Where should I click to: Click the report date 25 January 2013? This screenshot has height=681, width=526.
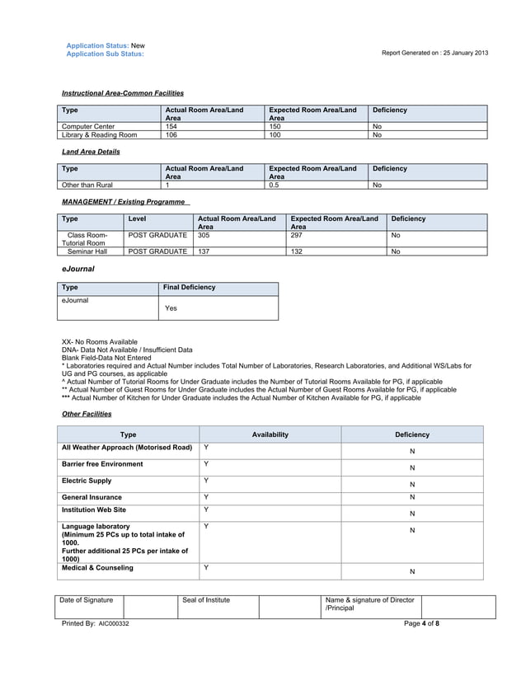(x=461, y=54)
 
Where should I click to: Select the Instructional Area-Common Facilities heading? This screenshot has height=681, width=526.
(x=123, y=93)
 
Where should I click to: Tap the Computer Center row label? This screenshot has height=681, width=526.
(x=88, y=126)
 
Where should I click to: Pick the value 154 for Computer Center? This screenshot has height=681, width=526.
(x=171, y=126)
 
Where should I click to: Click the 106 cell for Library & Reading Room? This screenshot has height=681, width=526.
(x=171, y=134)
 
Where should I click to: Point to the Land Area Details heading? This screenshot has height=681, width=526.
(x=91, y=152)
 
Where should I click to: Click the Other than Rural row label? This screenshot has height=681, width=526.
(x=87, y=185)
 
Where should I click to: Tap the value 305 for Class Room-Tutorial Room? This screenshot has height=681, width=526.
(x=203, y=235)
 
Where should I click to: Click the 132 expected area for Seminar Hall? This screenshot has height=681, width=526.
(x=297, y=251)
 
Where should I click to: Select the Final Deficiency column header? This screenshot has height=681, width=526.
(x=190, y=288)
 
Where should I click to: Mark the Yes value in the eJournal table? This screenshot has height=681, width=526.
(x=171, y=308)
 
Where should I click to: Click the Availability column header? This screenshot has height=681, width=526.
(x=270, y=434)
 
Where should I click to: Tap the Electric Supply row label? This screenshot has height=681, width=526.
(x=87, y=481)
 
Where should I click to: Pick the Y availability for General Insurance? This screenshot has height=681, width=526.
(x=206, y=497)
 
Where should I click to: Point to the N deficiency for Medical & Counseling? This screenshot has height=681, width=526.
(x=412, y=571)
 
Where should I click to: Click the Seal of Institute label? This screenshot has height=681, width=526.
(x=206, y=600)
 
